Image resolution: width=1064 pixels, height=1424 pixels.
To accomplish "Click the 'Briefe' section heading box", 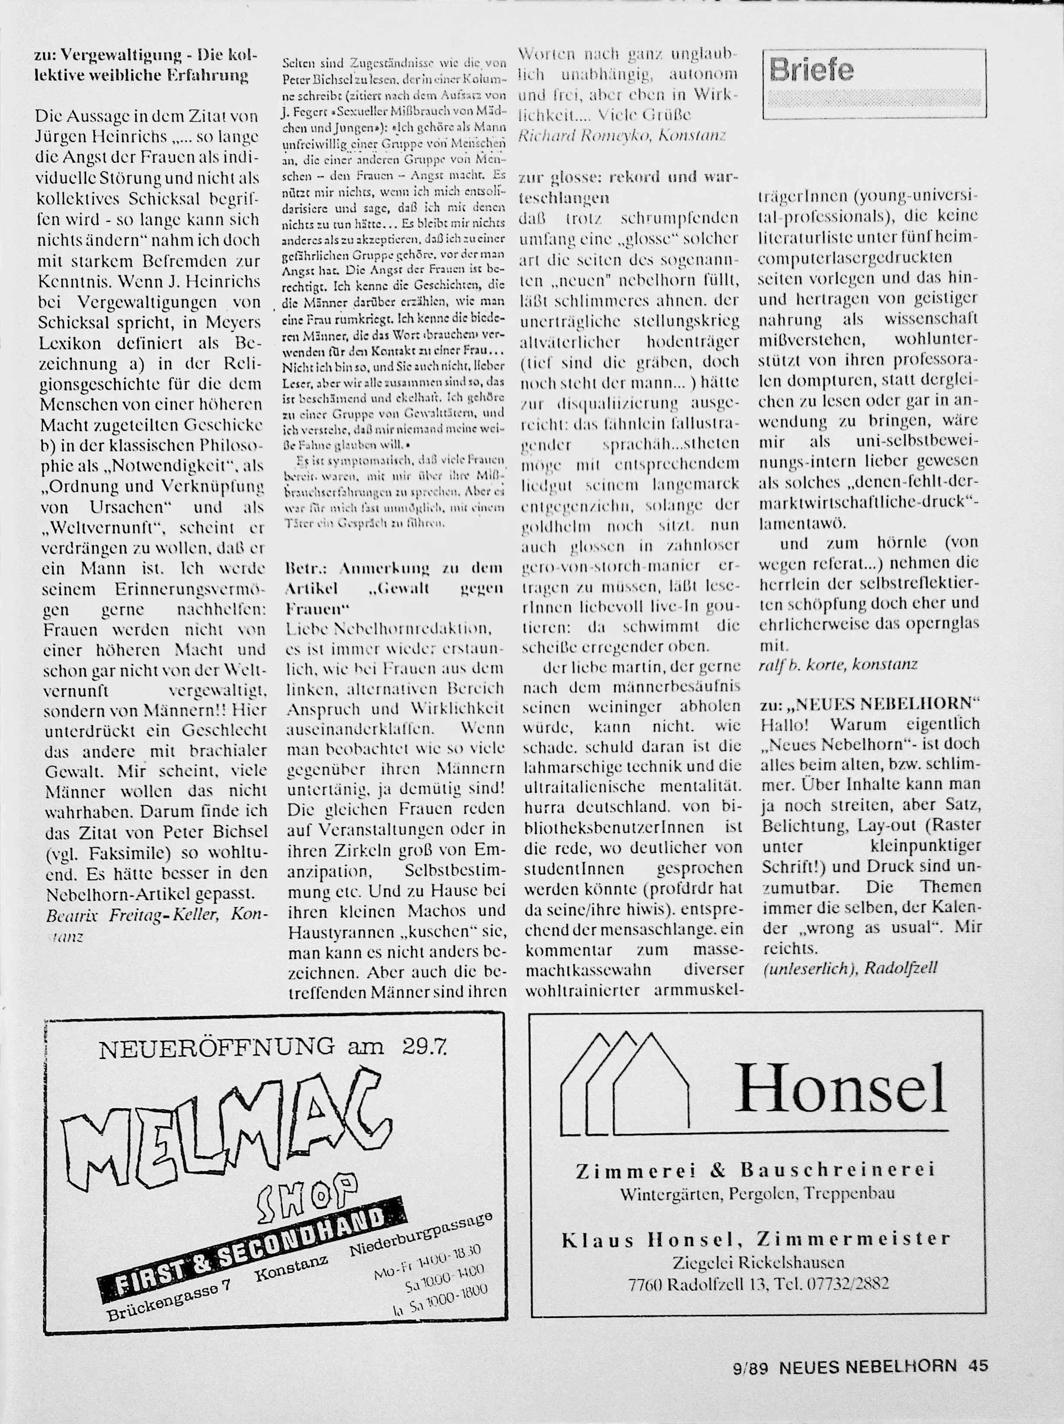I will (874, 84).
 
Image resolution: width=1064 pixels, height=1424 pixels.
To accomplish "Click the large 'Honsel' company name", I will (843, 1087).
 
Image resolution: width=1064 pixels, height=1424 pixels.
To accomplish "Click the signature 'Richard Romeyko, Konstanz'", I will (622, 136).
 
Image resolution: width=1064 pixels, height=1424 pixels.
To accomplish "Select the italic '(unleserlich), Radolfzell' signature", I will (849, 968).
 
